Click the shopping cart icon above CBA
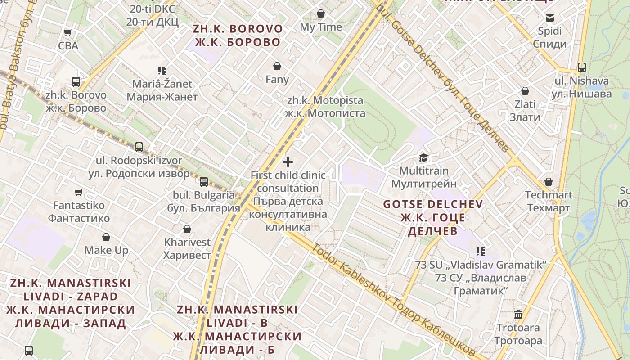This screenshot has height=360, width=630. pos(67,32)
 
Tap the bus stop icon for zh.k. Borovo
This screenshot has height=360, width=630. pos(76,82)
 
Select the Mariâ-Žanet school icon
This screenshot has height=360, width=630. pos(162,70)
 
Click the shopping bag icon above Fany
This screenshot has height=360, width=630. pos(277,66)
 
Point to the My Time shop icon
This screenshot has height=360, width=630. pos(321,13)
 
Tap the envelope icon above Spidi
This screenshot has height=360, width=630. pos(549,18)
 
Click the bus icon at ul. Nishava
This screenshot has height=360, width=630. pos(582,67)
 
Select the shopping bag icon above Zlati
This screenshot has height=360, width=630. pos(525,91)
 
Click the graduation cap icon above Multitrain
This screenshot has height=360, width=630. pos(423,157)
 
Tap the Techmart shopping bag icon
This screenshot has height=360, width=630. pos(549,182)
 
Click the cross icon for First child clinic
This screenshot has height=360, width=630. pos(288,162)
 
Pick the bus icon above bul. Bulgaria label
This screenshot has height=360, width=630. pos(204,181)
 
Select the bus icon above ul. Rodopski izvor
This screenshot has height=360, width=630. pos(139,147)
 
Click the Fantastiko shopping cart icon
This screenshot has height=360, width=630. pos(79,192)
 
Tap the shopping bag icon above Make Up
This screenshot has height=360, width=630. pos(106,237)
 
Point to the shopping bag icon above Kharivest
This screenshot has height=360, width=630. pos(187,229)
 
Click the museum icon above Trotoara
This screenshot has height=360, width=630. pos(518,314)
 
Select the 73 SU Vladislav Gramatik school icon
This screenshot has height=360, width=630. pos(481,251)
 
